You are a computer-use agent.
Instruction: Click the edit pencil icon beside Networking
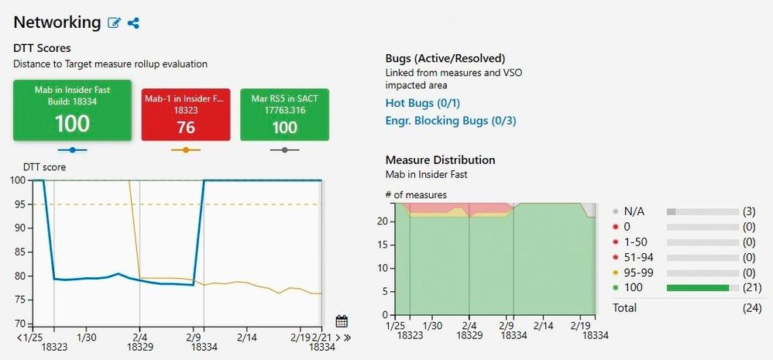coord(115,23)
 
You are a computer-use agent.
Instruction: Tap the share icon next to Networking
coord(133,23)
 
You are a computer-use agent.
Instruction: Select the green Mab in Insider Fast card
coord(72,110)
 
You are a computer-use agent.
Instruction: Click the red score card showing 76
coord(185,114)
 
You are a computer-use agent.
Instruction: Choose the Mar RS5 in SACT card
coord(285,114)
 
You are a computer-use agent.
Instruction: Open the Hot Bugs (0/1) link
coord(428,103)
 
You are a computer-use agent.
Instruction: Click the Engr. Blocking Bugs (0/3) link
coord(450,120)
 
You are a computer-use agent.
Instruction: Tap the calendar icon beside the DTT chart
coord(342,321)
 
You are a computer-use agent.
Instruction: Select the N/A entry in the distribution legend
coord(634,211)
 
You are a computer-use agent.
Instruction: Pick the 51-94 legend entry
coord(639,258)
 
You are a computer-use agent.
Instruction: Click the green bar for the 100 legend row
coord(697,289)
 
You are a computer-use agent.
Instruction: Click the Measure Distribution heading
coord(440,160)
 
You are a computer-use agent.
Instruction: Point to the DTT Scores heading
coord(43,49)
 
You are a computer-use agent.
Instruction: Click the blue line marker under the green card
coord(72,149)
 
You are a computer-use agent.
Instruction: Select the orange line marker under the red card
coord(185,149)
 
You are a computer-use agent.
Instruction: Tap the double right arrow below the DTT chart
coord(348,338)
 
